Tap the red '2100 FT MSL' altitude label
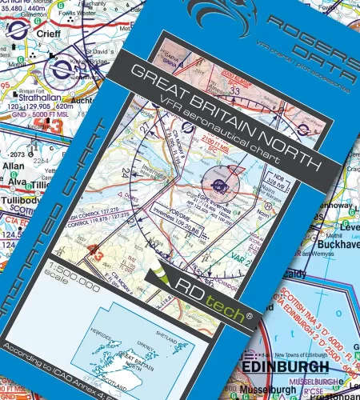[238, 143]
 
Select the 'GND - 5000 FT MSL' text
[32, 115]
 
